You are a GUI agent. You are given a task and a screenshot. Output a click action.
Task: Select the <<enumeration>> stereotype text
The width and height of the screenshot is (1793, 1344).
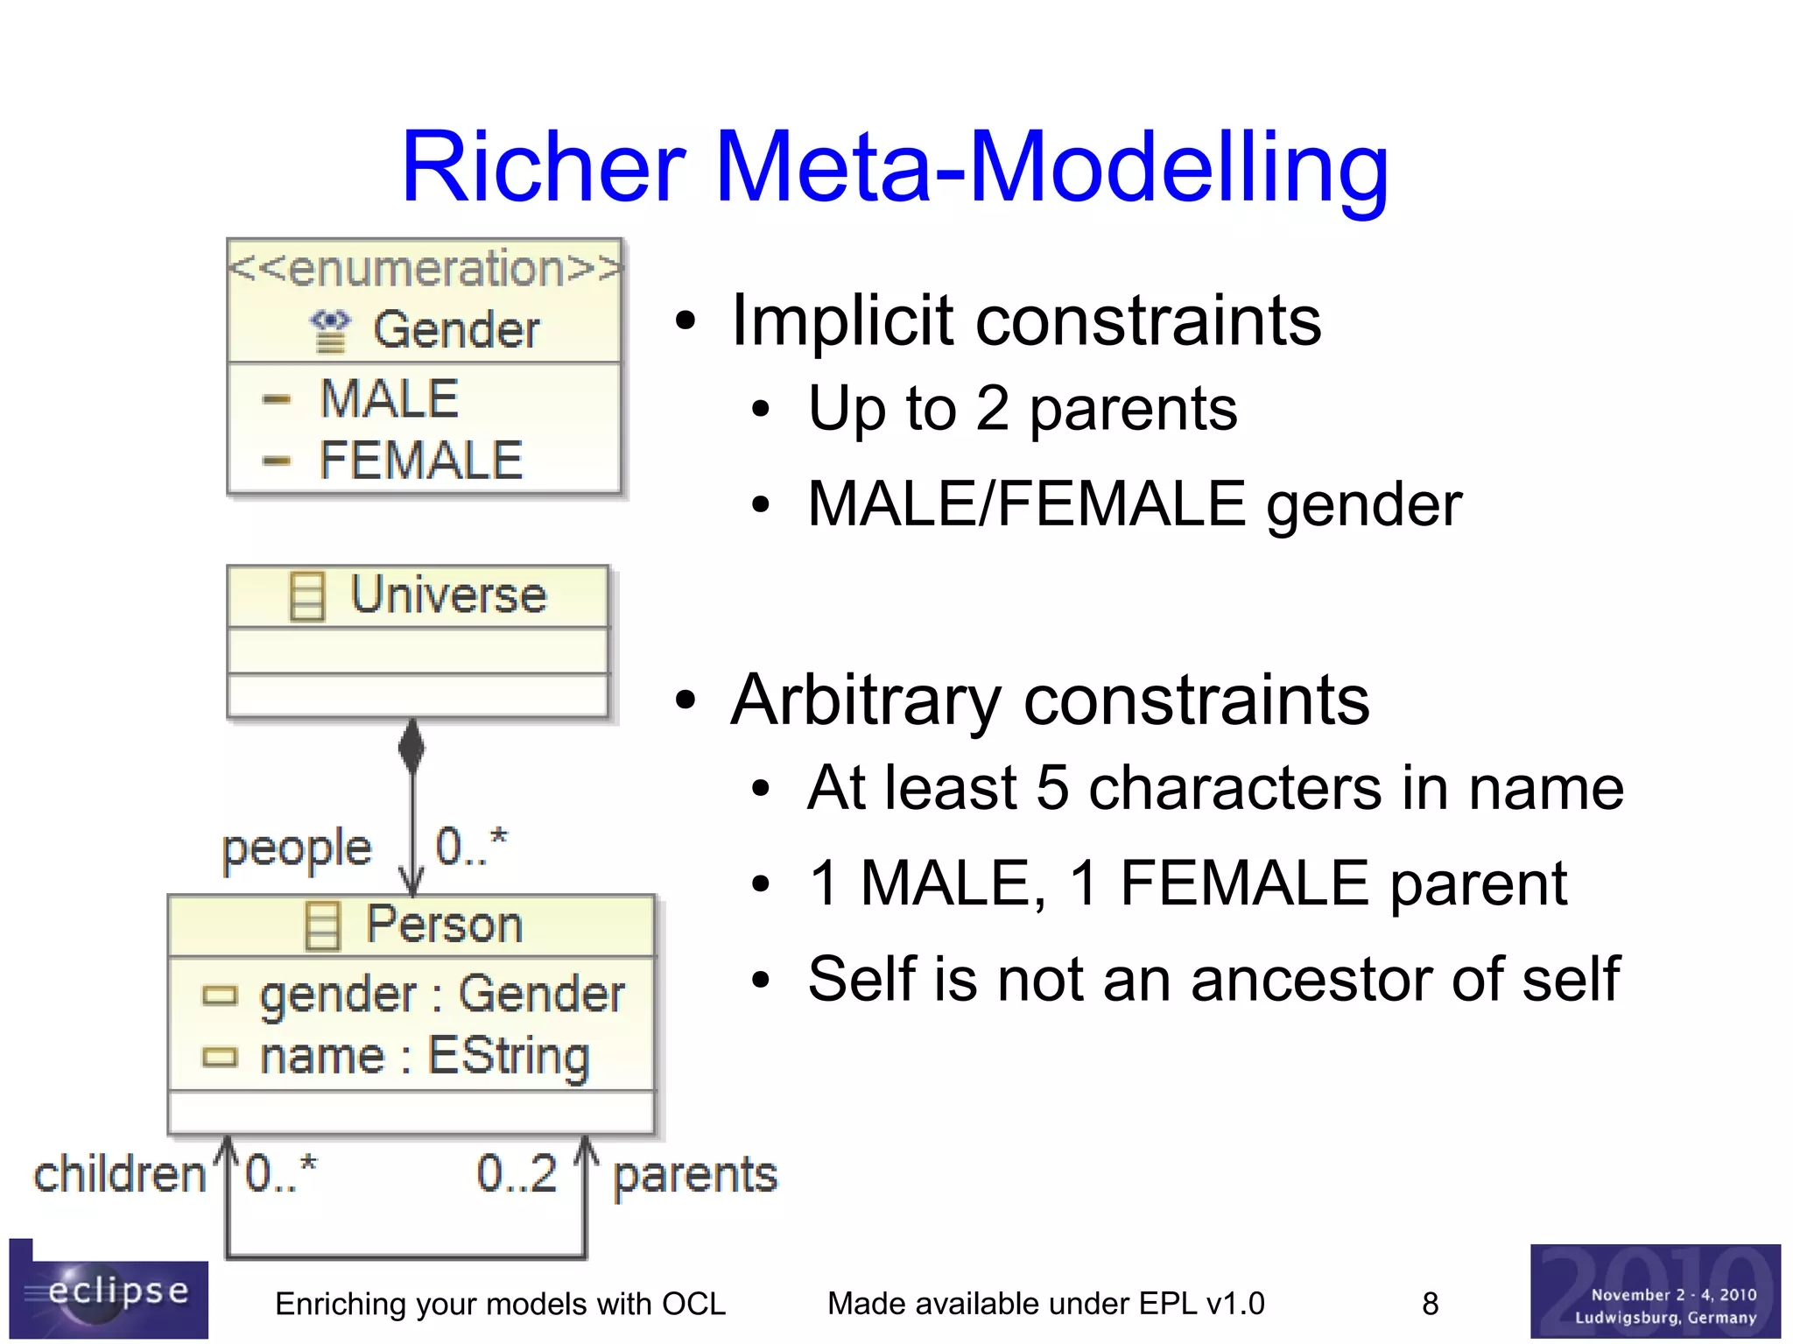click(x=425, y=268)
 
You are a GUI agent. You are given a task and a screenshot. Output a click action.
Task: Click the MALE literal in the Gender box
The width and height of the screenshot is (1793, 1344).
click(x=389, y=399)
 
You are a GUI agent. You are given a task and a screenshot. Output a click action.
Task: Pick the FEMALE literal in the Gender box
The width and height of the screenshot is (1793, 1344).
click(x=420, y=461)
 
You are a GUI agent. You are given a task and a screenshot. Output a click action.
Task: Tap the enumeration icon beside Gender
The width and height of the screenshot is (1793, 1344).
click(x=330, y=331)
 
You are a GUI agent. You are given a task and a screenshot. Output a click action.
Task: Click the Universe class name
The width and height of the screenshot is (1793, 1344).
click(x=447, y=595)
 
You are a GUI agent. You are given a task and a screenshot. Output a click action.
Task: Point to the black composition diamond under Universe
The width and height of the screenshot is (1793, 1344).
click(x=411, y=747)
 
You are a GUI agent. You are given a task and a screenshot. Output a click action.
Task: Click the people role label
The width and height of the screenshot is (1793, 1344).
click(x=297, y=848)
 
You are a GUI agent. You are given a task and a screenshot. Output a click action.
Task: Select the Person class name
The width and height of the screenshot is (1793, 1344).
click(x=444, y=925)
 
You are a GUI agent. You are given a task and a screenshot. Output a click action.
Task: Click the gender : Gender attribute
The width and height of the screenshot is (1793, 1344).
click(x=442, y=995)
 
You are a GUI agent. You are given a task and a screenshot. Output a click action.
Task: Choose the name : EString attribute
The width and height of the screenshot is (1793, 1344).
click(x=425, y=1056)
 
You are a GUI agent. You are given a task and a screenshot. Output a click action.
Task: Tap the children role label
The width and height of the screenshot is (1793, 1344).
click(x=119, y=1174)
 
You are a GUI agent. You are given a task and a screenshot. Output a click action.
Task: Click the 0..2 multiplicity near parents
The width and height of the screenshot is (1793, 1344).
click(x=517, y=1174)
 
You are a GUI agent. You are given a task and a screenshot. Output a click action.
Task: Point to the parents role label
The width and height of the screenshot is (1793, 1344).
click(x=694, y=1174)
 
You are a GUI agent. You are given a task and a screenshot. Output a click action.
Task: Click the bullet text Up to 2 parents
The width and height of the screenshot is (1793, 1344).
click(x=1022, y=409)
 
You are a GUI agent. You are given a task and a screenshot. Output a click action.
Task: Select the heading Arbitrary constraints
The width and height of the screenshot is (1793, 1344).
click(x=1050, y=700)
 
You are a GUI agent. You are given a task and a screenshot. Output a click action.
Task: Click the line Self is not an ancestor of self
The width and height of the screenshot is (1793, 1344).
click(x=1213, y=979)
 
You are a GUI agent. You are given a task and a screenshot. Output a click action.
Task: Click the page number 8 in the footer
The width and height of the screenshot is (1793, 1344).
click(x=1430, y=1304)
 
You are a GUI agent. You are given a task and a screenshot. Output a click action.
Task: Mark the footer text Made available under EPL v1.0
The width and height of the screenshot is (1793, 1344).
click(x=1045, y=1304)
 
